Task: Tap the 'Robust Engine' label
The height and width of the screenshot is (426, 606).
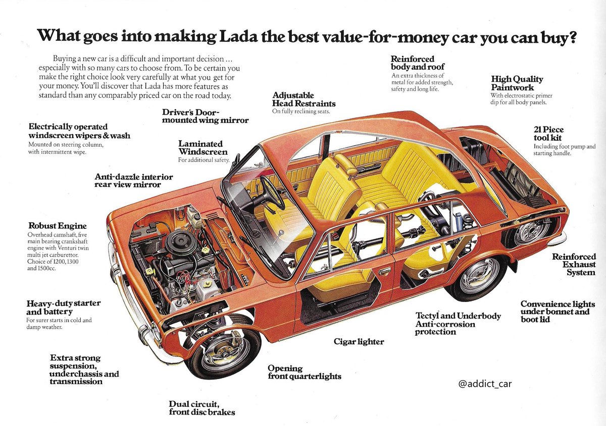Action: (58, 226)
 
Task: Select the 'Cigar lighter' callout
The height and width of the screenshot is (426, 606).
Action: (359, 342)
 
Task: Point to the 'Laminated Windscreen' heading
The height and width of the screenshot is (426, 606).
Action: (203, 148)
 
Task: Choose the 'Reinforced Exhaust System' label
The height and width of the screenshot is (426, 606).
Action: (574, 265)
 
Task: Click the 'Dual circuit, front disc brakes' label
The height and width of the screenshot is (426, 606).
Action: (202, 408)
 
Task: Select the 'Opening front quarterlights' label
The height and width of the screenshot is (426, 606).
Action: (304, 372)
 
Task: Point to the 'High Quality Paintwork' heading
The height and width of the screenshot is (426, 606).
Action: (517, 83)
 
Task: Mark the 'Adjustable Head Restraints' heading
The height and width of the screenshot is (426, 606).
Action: (304, 99)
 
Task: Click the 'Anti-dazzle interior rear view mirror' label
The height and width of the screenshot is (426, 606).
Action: (134, 180)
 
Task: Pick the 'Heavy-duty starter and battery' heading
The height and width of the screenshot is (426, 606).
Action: (63, 307)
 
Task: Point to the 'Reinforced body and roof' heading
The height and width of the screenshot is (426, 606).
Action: (413, 63)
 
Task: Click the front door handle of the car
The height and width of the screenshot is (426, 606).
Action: (385, 271)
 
